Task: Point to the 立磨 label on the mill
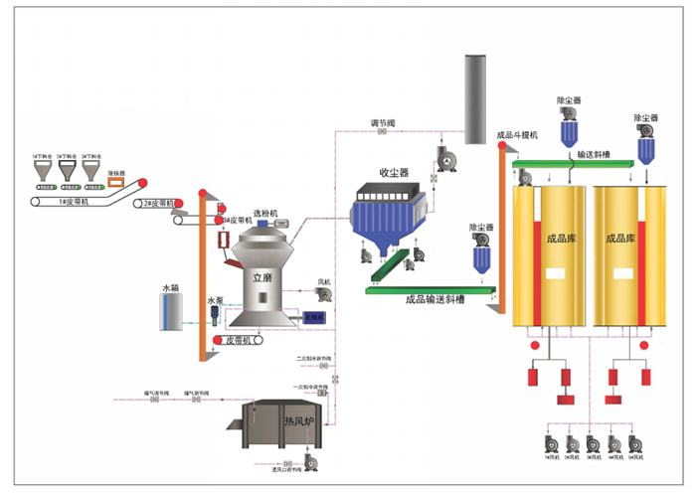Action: pos(261,279)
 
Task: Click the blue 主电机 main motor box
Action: pos(314,318)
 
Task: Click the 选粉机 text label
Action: pos(265,213)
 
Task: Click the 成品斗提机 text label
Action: pos(517,134)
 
